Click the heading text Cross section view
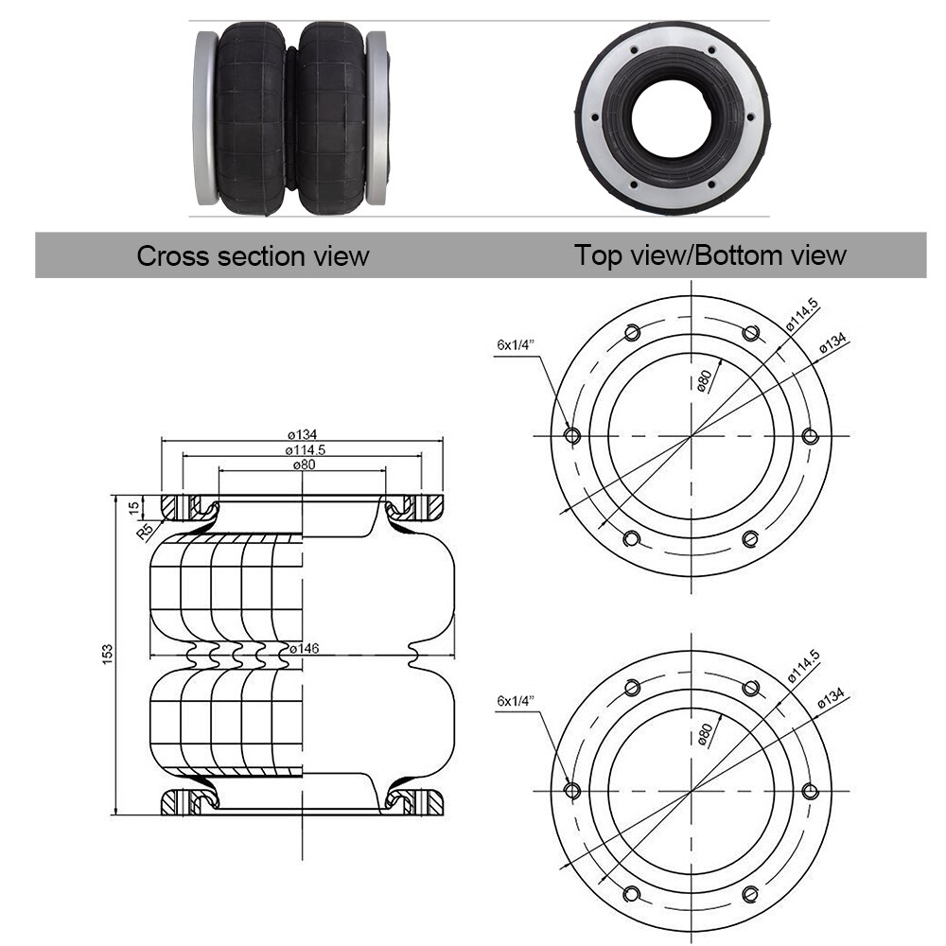(253, 256)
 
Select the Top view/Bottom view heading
(709, 254)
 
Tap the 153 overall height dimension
(107, 653)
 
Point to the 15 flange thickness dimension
(133, 507)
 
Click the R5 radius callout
(145, 530)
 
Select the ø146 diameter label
(306, 648)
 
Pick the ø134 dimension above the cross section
(302, 434)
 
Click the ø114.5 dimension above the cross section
(302, 449)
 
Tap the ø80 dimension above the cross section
(302, 464)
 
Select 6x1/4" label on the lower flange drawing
(516, 701)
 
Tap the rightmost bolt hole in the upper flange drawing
(810, 435)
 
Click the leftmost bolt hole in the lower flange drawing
(571, 790)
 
